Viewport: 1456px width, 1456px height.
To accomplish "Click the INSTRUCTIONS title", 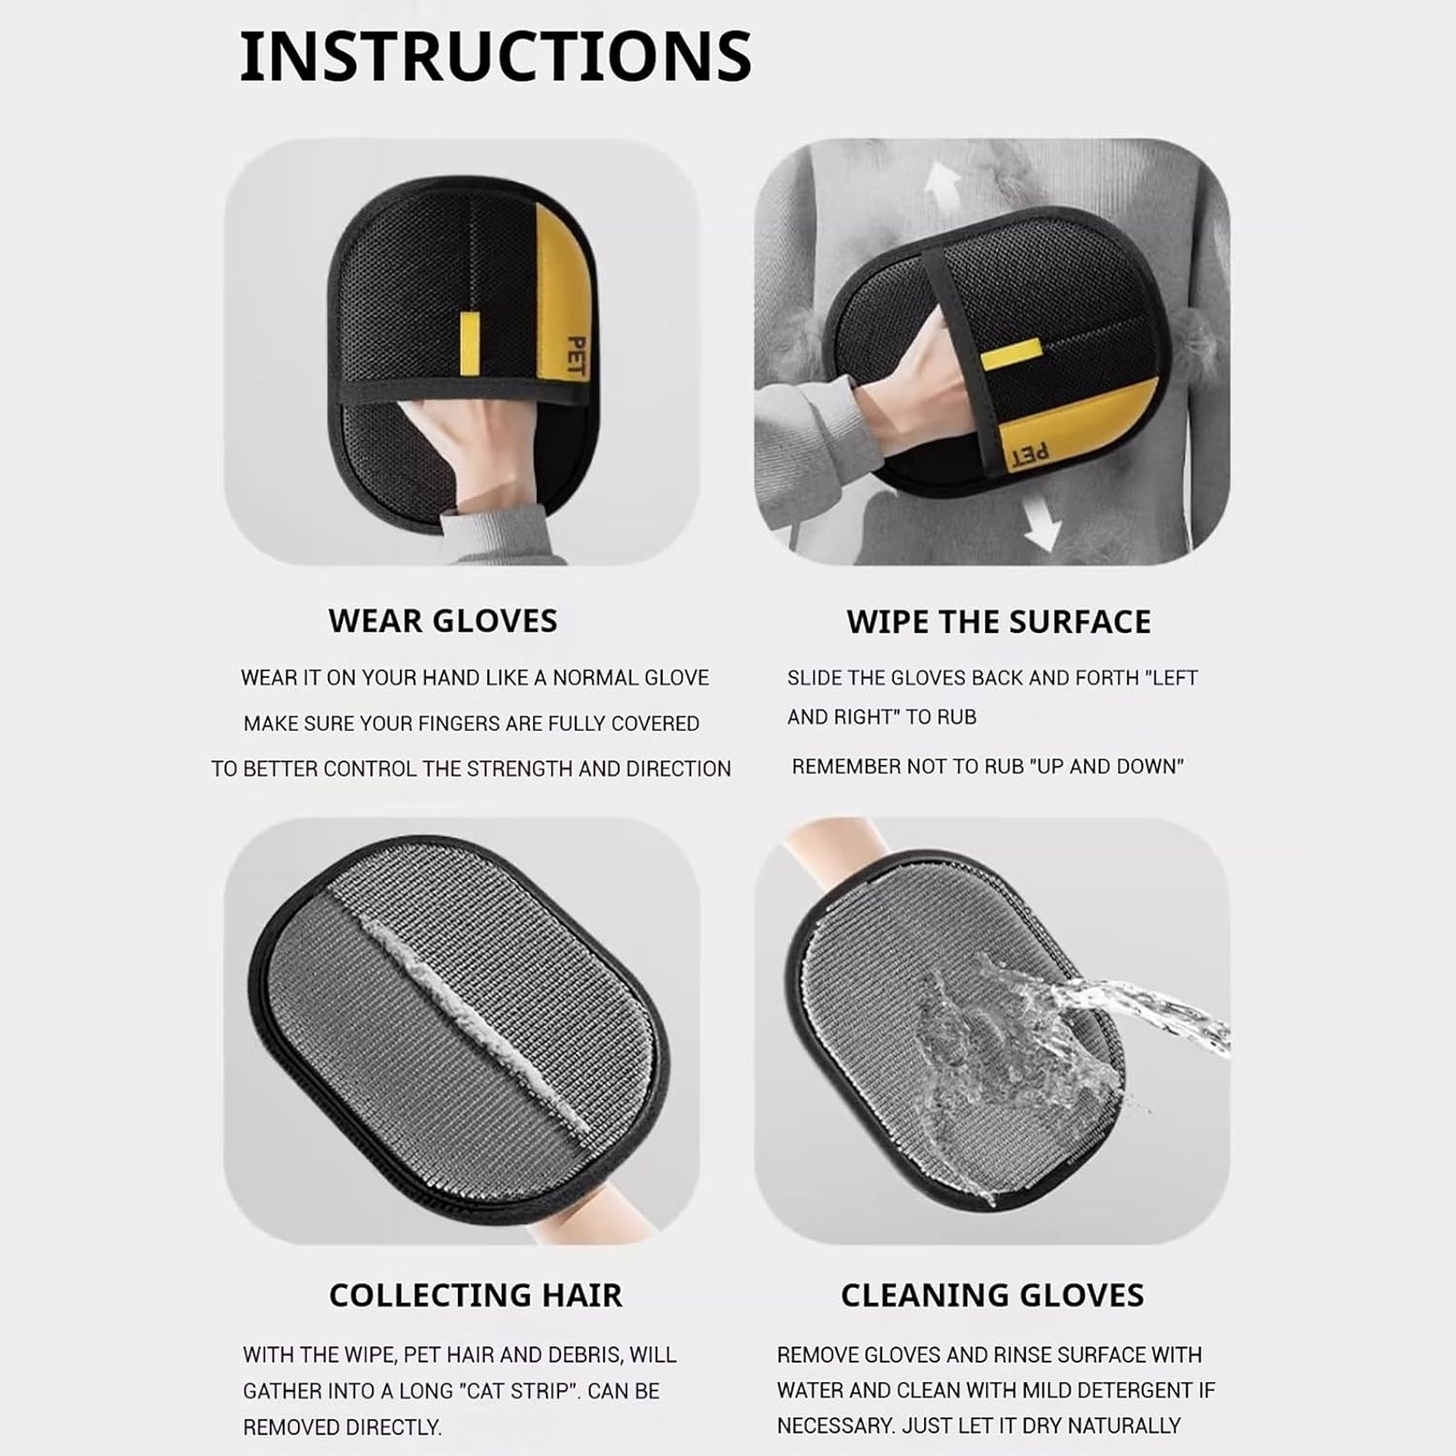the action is click(495, 56).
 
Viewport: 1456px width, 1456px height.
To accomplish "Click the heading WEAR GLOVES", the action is click(443, 621).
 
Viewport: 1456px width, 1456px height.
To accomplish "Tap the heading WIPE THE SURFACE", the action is click(999, 621).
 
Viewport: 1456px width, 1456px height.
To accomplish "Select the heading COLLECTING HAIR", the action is click(476, 1295).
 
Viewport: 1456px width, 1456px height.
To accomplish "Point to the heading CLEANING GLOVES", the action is click(992, 1295).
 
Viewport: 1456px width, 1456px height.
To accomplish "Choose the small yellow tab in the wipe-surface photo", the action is click(1009, 357).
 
